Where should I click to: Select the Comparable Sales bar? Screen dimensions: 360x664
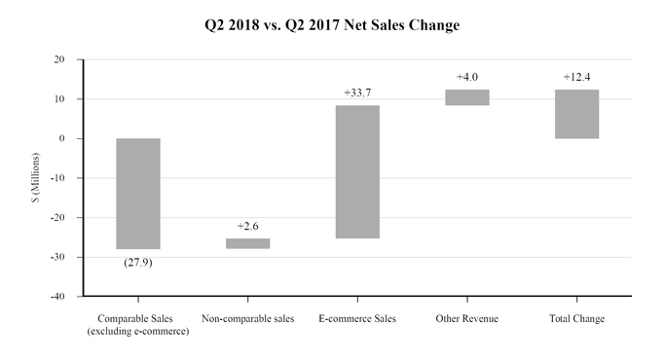tap(138, 194)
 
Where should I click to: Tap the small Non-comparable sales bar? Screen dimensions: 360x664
tap(248, 243)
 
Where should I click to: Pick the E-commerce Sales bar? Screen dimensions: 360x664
tap(358, 171)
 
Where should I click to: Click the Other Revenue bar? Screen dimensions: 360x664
tap(467, 97)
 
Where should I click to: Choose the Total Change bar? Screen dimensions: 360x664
tap(577, 114)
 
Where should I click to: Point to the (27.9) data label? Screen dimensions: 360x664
tap(138, 262)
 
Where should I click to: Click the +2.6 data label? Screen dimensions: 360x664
tap(248, 227)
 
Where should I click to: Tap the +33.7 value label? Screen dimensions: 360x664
tap(358, 93)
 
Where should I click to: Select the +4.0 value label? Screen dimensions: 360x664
tap(468, 77)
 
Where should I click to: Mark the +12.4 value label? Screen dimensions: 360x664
tap(577, 77)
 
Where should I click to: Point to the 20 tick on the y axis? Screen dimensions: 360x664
tap(59, 59)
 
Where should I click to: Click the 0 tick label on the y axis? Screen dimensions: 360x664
tap(62, 138)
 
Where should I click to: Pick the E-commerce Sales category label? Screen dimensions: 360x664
tap(358, 319)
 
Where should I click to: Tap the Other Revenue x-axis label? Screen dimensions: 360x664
tap(467, 319)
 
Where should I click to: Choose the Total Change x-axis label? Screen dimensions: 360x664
tap(577, 319)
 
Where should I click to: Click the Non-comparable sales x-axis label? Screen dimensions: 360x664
tap(247, 319)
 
